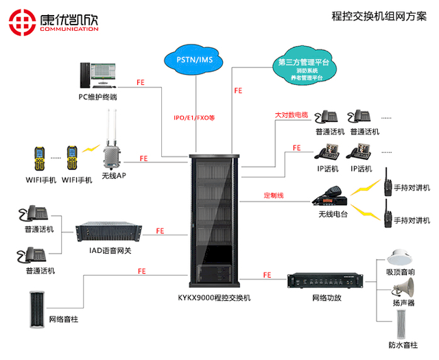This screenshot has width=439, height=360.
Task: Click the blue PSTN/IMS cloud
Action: [195, 60]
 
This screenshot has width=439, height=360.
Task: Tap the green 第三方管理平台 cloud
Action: [303, 68]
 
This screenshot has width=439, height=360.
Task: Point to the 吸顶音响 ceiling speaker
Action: [399, 257]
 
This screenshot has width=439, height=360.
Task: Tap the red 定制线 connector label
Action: [274, 195]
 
